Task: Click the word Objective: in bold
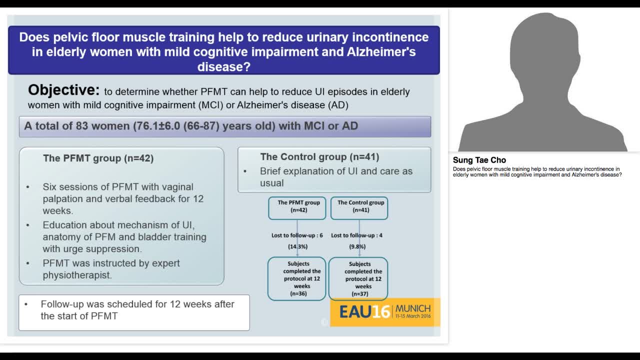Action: pyautogui.click(x=63, y=90)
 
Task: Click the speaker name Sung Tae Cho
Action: pyautogui.click(x=479, y=160)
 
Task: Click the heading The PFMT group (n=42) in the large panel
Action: pyautogui.click(x=98, y=158)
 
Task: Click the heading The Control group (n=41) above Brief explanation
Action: pyautogui.click(x=319, y=157)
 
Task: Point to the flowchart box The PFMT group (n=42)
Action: pyautogui.click(x=297, y=206)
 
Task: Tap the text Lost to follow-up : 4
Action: pyautogui.click(x=356, y=235)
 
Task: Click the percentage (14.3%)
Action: pyautogui.click(x=297, y=246)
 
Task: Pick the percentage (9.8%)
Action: pyautogui.click(x=357, y=246)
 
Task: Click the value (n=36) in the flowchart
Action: pyautogui.click(x=298, y=293)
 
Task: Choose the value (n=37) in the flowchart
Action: pyautogui.click(x=360, y=294)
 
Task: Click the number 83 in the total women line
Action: pyautogui.click(x=82, y=126)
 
